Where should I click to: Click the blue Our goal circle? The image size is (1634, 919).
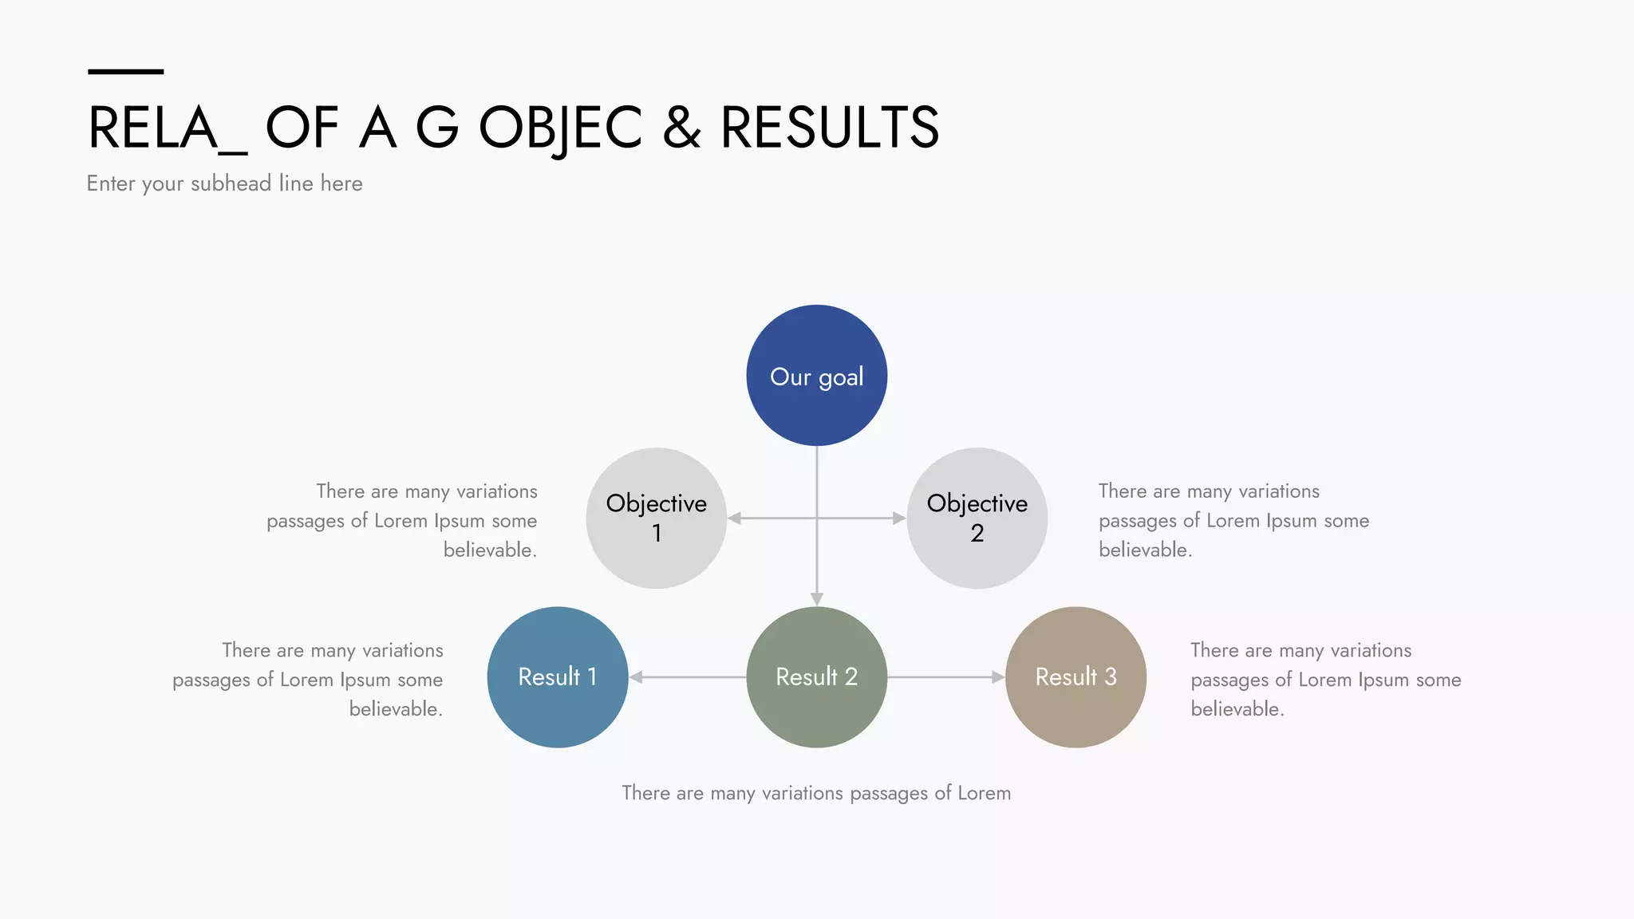[816, 375]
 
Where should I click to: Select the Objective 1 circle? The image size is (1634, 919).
[656, 519]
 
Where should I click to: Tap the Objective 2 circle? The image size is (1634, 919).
[977, 519]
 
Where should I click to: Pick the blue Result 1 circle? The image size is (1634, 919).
[557, 676]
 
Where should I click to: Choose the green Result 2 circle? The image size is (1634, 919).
[816, 676]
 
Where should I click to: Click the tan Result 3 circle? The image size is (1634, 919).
[1076, 676]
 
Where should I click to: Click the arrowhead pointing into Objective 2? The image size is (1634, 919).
[899, 519]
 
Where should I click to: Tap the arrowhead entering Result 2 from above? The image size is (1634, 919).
[816, 599]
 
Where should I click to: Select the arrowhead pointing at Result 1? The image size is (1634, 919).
[636, 677]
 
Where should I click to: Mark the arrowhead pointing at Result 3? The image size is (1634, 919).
[997, 677]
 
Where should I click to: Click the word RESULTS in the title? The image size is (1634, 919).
[830, 128]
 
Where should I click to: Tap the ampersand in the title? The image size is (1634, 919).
[681, 128]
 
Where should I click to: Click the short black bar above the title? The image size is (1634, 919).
[125, 72]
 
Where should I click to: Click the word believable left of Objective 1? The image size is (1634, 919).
[489, 550]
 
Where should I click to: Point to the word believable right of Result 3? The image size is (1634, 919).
[1236, 708]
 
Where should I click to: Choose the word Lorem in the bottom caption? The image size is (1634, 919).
[984, 793]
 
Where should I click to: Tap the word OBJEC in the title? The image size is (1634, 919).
[560, 128]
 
